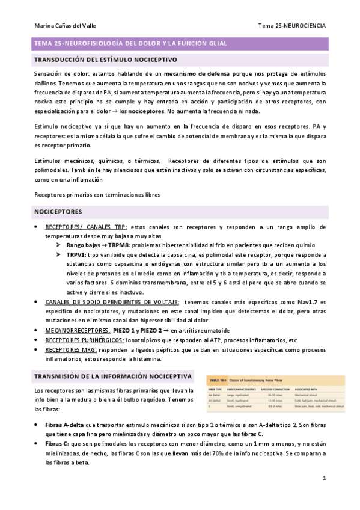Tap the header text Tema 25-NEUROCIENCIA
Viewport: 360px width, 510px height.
coord(291,26)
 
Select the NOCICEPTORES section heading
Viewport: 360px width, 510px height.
coord(59,212)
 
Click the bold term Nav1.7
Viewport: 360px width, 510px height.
coord(306,301)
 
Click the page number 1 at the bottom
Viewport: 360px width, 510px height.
coord(324,478)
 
